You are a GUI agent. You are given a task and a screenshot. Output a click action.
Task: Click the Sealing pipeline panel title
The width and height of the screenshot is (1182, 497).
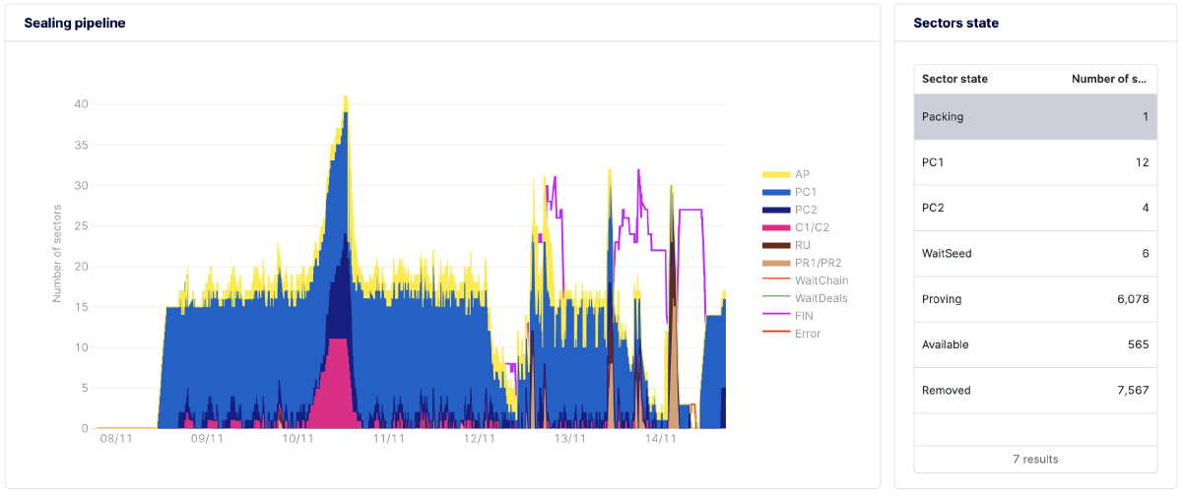point(75,23)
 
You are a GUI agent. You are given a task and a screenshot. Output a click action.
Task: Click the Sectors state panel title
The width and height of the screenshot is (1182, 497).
point(955,23)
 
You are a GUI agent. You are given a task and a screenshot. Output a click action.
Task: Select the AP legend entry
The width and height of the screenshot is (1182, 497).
point(802,174)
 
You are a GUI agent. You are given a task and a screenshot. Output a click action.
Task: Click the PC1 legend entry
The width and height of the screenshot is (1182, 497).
point(806,192)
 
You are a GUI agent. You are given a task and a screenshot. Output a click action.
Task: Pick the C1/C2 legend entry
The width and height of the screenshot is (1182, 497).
point(812,227)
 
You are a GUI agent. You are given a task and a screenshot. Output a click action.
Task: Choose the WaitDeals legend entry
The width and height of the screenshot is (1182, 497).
point(821,298)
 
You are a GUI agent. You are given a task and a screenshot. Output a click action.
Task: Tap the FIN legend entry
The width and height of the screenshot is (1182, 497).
point(804,316)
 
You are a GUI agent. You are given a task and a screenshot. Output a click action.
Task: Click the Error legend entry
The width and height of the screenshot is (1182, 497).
point(807,334)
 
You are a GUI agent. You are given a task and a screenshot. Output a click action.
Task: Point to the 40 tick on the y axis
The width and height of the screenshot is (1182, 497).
point(82,103)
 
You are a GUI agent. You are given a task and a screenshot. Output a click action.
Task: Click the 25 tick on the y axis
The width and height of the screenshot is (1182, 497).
point(82,225)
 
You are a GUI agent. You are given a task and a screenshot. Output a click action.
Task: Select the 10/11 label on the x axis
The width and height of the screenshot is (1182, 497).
point(298,439)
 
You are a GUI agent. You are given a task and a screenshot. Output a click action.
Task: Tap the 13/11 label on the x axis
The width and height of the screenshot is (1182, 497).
point(570,439)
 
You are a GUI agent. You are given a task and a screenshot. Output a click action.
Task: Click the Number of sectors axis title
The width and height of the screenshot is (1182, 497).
point(57,253)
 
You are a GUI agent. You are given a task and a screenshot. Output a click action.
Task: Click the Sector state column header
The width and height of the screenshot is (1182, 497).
point(954,79)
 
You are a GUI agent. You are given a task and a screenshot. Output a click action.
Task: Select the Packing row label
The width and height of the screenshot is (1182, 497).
point(943,117)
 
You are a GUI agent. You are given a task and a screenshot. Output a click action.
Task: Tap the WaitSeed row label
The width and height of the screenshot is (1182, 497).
point(947,254)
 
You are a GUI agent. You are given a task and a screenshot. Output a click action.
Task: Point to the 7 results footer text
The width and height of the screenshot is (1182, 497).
point(1035,460)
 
